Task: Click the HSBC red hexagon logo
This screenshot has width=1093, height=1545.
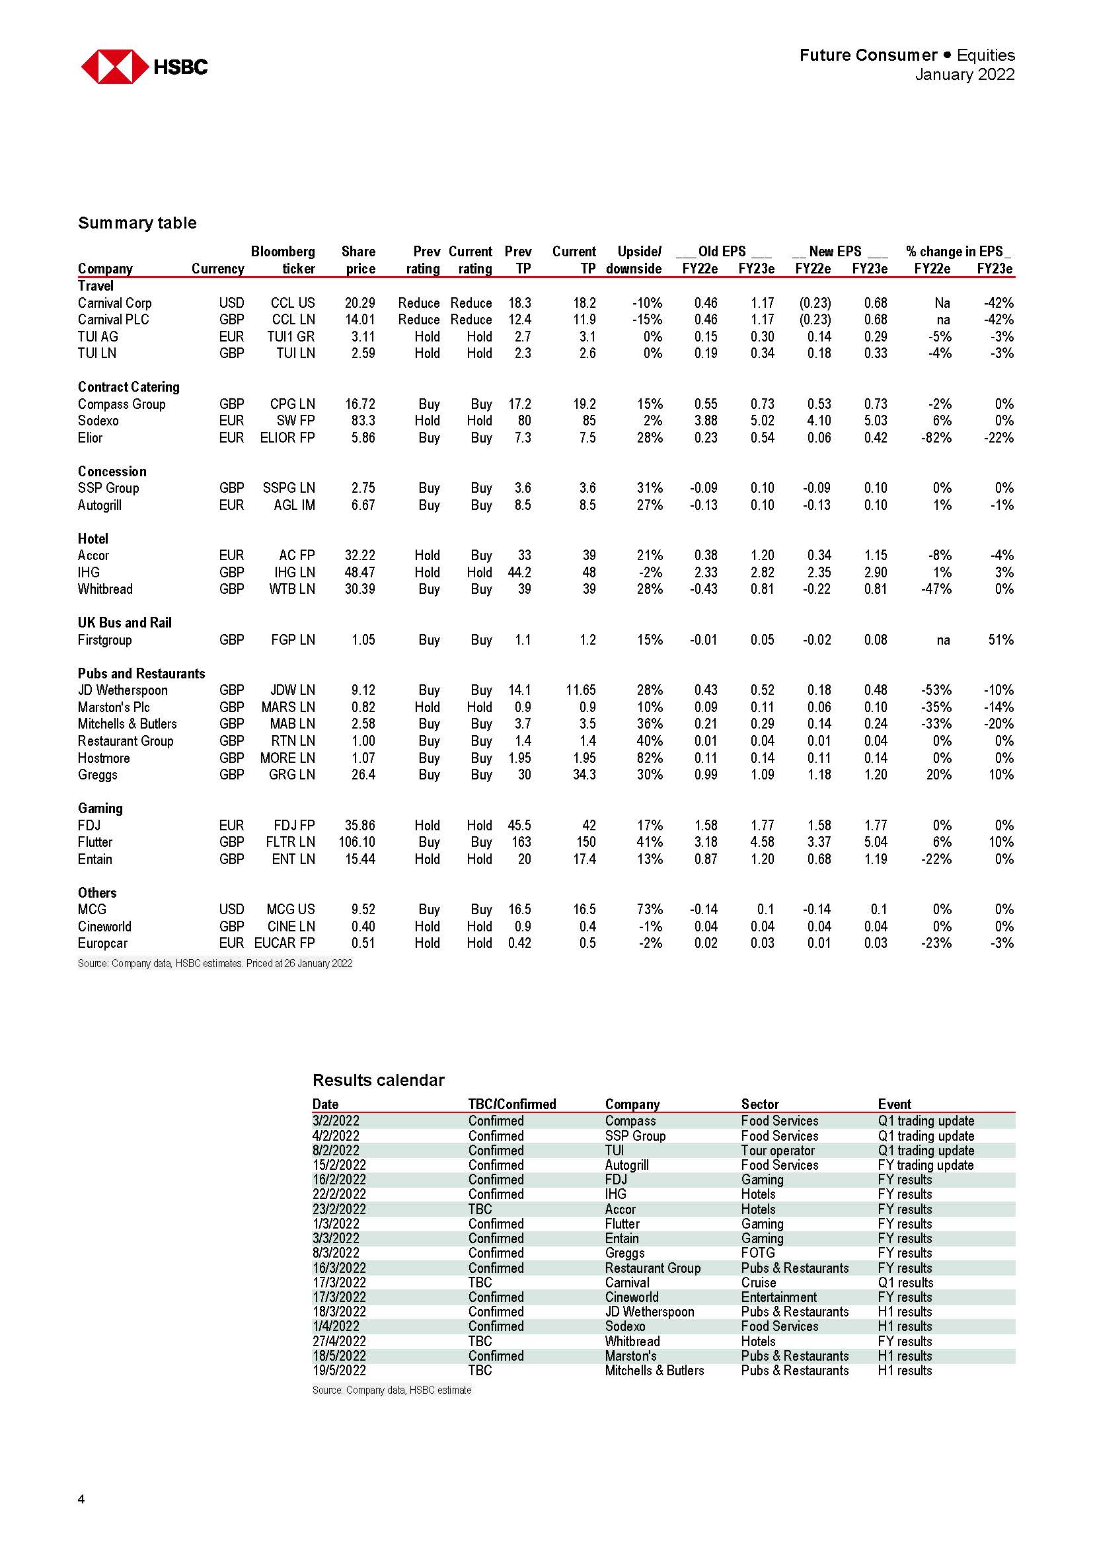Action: [114, 67]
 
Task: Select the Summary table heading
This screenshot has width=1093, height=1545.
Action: [137, 223]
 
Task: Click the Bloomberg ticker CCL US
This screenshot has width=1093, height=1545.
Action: [293, 303]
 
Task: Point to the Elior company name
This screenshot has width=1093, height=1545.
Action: [90, 437]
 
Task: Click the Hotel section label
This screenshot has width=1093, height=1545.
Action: [93, 538]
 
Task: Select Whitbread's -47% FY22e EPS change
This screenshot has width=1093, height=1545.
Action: [936, 589]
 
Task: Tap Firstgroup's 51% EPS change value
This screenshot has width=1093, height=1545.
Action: [1000, 639]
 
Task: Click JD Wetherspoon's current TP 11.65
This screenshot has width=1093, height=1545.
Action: [581, 690]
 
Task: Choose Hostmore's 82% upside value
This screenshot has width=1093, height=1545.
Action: [650, 758]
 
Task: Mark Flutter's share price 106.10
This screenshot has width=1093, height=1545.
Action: [357, 842]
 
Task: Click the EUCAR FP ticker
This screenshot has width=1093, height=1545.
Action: [284, 943]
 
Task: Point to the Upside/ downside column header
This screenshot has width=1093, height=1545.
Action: [633, 260]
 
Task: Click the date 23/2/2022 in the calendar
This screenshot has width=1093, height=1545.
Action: [339, 1209]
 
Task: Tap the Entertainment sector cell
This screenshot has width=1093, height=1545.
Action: [778, 1297]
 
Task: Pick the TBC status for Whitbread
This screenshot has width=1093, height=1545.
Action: [480, 1341]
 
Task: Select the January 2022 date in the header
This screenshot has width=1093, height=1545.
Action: [963, 74]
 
